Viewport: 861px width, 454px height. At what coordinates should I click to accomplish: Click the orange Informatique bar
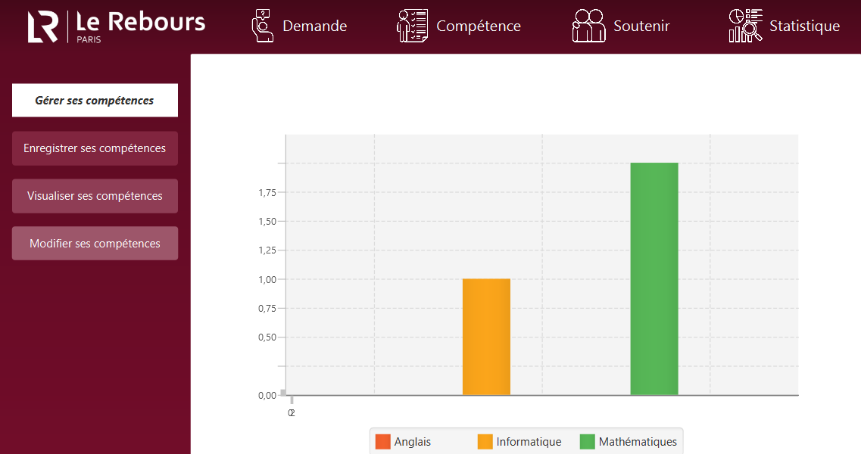point(486,337)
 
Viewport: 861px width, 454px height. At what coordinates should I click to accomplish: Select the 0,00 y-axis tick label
point(267,395)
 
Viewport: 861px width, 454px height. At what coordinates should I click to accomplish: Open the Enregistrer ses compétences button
point(95,148)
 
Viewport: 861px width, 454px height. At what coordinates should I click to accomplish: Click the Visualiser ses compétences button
point(95,196)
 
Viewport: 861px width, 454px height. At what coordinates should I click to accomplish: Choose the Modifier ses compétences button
point(95,244)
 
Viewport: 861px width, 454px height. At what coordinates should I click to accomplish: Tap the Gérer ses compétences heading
point(95,101)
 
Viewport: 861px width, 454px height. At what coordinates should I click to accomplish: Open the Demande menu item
point(314,26)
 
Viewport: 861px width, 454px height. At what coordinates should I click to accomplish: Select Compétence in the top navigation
point(479,26)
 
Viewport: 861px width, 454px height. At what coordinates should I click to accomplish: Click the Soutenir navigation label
point(641,26)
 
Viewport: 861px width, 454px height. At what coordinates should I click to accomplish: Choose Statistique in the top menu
point(804,26)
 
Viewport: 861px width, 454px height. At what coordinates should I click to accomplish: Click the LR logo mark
point(43,26)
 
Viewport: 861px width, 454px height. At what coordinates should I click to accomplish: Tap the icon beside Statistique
point(745,26)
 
